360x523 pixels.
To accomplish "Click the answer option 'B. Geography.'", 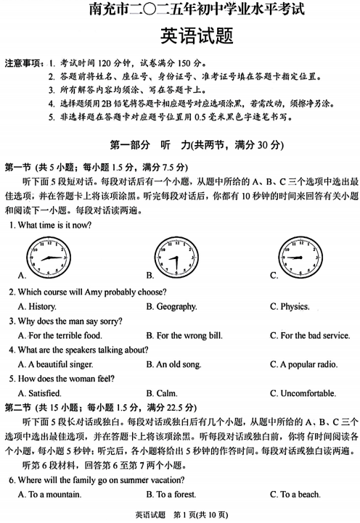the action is tap(171, 306).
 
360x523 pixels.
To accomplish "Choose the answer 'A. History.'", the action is tap(37, 306).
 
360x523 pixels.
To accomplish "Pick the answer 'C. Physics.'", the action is tap(290, 306).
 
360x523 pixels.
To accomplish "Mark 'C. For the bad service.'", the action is tap(310, 335).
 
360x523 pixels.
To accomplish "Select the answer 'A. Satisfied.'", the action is tap(39, 393).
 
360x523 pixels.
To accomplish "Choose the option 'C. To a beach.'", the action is tap(295, 494).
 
